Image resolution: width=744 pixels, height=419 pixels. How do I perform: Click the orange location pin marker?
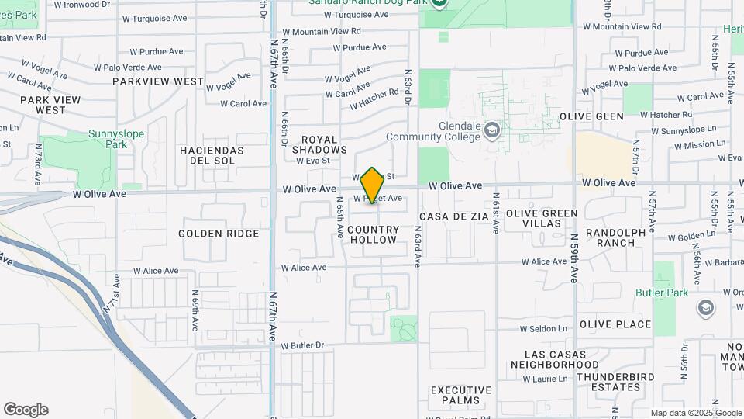[x=373, y=185]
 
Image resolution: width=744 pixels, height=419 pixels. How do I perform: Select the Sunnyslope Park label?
[x=116, y=139]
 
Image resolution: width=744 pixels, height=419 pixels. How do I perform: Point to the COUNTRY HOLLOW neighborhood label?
[x=374, y=234]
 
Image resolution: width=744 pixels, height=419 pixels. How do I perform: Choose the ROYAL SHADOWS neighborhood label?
[x=319, y=145]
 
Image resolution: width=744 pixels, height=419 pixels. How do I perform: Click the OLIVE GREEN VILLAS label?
[x=542, y=218]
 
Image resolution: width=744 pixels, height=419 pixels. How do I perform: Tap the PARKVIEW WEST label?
[x=158, y=81]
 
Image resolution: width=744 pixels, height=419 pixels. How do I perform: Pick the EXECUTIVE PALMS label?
[x=461, y=395]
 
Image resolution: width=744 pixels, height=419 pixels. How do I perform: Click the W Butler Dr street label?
[x=302, y=345]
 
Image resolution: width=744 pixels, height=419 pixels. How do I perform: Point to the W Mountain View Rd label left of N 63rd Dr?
[x=322, y=32]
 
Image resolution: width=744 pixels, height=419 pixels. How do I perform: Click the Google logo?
[x=26, y=410]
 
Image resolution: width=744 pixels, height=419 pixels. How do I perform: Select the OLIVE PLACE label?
[x=615, y=324]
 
